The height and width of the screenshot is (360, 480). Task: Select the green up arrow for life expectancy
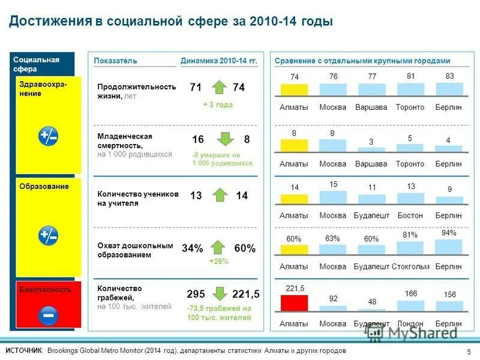point(219,87)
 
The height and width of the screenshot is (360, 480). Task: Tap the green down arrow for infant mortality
point(225,139)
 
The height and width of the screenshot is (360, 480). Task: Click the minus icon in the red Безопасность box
point(48,314)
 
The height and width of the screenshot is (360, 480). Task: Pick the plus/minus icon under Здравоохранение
point(48,136)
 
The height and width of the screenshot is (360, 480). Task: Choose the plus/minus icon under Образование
point(48,236)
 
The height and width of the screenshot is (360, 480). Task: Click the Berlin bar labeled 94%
point(449,247)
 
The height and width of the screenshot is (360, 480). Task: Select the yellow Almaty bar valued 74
point(295,90)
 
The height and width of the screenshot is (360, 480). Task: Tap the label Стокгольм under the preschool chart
point(410,266)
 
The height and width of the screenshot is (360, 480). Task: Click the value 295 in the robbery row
point(196,294)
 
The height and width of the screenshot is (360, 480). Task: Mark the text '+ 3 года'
point(217,104)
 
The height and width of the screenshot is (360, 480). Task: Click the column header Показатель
point(116,61)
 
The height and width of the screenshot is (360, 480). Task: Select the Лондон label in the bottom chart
point(410,323)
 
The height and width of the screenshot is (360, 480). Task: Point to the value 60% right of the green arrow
point(245,248)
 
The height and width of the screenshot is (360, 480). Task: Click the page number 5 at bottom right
point(468,351)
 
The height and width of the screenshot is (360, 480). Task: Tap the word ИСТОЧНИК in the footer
point(25,350)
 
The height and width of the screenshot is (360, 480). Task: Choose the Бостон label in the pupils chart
point(410,215)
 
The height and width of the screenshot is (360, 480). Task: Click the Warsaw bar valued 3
point(371,148)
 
